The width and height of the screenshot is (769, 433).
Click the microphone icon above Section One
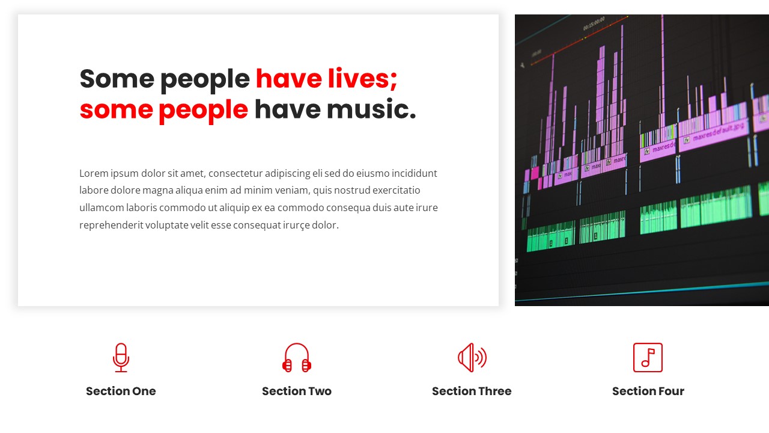coord(121,357)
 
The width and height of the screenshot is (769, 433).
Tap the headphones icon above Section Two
coord(297,358)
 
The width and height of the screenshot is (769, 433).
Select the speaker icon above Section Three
coord(472,358)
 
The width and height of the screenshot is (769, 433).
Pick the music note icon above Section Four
coord(648,358)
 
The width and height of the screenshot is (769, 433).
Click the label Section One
coord(121,392)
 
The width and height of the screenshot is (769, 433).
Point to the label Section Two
coord(297,392)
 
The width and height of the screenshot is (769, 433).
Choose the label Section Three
coord(472,392)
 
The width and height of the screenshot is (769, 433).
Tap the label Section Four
coord(648,392)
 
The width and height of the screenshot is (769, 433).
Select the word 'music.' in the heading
coord(373,110)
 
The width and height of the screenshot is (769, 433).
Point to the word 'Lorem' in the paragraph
coord(94,174)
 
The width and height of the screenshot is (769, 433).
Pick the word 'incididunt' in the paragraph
coord(415,174)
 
